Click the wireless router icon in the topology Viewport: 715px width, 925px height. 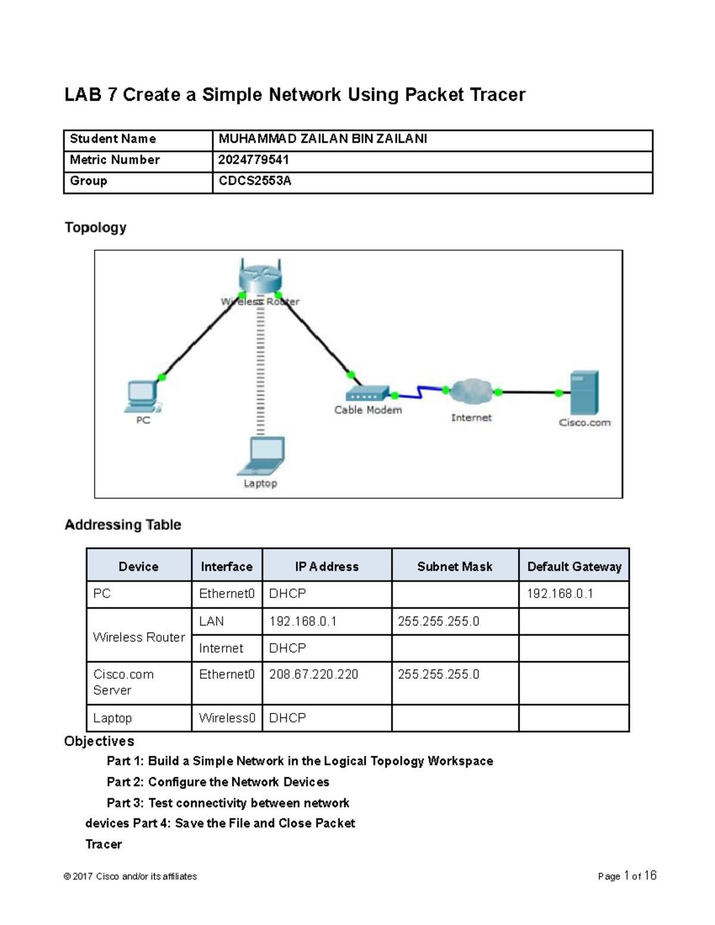click(260, 277)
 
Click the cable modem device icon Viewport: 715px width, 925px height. click(367, 393)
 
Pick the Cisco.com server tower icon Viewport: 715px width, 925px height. click(584, 393)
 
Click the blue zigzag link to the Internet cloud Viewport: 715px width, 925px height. click(420, 393)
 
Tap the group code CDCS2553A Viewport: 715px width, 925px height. click(255, 181)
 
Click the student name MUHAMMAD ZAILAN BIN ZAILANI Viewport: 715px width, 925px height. click(322, 139)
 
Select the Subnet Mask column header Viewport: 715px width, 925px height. click(455, 566)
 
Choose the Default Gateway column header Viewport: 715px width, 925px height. click(574, 566)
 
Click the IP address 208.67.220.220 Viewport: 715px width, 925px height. click(314, 674)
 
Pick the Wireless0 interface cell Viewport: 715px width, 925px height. click(227, 718)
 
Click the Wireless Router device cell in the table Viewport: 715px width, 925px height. click(139, 637)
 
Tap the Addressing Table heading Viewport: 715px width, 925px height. click(123, 525)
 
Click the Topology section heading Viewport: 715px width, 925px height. click(95, 228)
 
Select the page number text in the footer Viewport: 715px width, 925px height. click(627, 876)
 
